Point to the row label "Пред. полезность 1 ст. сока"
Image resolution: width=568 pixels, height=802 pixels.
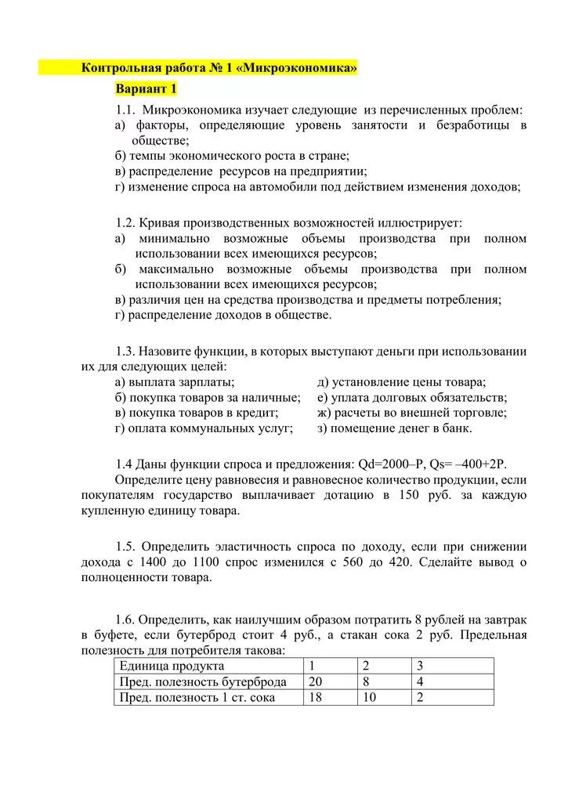coord(197,697)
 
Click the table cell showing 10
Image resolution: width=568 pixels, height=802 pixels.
coord(369,697)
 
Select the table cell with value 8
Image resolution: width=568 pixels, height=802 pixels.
coord(365,681)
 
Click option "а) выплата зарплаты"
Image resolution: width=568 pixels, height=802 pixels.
coord(174,382)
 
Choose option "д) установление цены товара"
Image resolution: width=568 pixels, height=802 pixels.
coord(401,382)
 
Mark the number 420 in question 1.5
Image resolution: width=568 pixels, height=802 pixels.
coord(405,562)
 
